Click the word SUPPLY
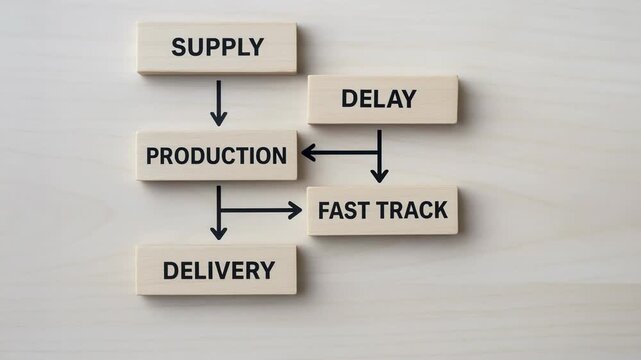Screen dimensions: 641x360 (217, 47)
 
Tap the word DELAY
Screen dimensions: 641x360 (379, 99)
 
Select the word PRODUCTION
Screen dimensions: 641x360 (216, 156)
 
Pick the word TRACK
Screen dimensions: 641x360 (412, 211)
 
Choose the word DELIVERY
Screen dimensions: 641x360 (218, 270)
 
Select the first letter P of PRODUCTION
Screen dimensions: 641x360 (153, 156)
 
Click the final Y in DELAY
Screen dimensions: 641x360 (409, 99)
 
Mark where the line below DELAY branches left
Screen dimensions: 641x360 (379, 153)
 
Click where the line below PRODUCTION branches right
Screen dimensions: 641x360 (218, 210)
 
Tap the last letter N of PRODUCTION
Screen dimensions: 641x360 (279, 156)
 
